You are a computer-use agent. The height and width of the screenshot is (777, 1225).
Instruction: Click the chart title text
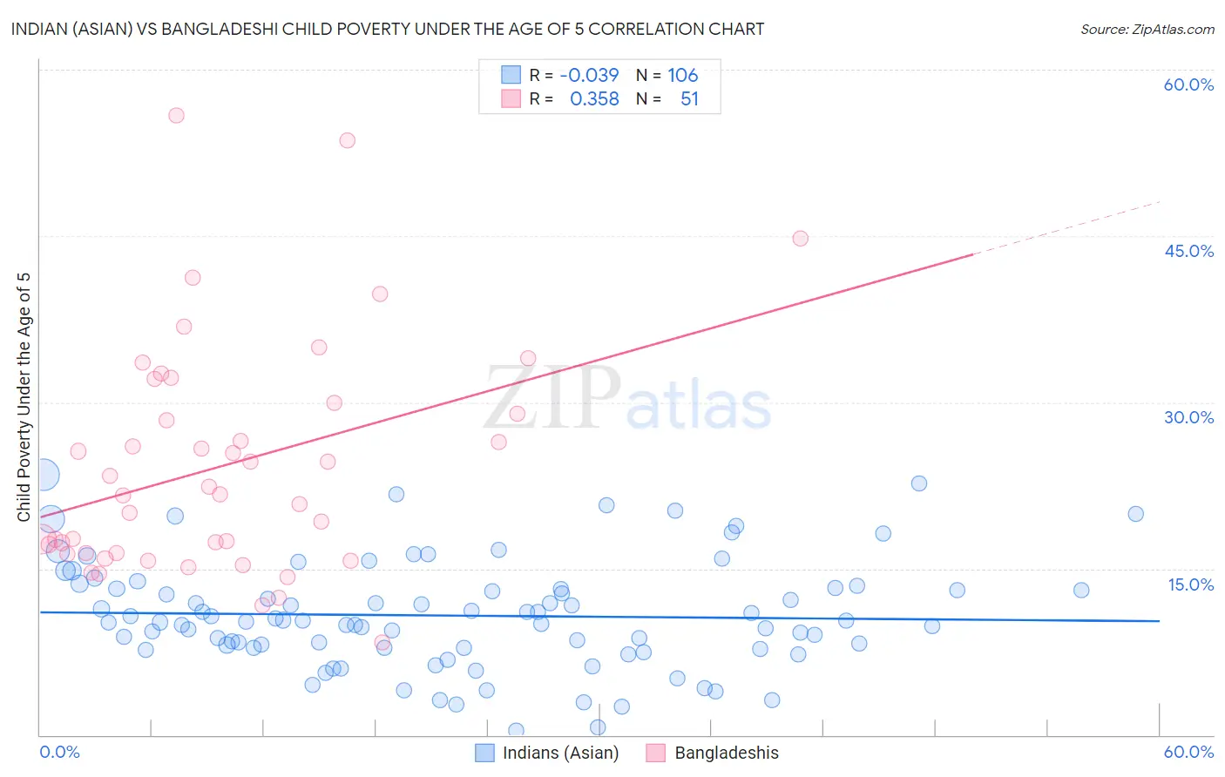tap(388, 29)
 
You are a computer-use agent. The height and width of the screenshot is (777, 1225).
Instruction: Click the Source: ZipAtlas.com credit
tap(1147, 29)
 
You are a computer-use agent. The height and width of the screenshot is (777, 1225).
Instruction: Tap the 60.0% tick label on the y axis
tap(1188, 84)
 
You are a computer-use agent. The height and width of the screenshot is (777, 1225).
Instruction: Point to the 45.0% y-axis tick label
tap(1188, 251)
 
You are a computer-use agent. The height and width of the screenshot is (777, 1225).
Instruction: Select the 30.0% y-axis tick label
tap(1188, 417)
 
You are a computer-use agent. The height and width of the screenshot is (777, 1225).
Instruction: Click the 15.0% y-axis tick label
tap(1190, 584)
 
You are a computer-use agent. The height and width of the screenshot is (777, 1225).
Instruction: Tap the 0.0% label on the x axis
tap(59, 752)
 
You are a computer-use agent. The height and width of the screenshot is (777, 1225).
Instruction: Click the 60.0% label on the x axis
tap(1188, 752)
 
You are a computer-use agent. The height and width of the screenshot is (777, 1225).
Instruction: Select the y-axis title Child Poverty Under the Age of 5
tap(24, 396)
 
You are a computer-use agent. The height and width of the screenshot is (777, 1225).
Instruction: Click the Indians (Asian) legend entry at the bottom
tap(560, 753)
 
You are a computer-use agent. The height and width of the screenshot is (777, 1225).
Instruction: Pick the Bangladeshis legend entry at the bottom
tap(726, 753)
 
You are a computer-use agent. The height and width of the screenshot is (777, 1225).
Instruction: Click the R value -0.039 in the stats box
tap(589, 76)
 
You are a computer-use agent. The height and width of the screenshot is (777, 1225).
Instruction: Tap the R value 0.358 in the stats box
tap(594, 99)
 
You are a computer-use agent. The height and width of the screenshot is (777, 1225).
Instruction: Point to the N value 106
tap(683, 76)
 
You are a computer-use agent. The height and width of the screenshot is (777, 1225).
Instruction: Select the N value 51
tap(689, 99)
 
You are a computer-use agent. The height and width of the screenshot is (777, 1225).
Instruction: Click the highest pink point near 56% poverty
tap(176, 115)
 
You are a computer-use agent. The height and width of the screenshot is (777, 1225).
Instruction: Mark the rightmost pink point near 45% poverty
tap(800, 239)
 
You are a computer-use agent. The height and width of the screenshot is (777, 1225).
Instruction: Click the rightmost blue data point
tap(1135, 514)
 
